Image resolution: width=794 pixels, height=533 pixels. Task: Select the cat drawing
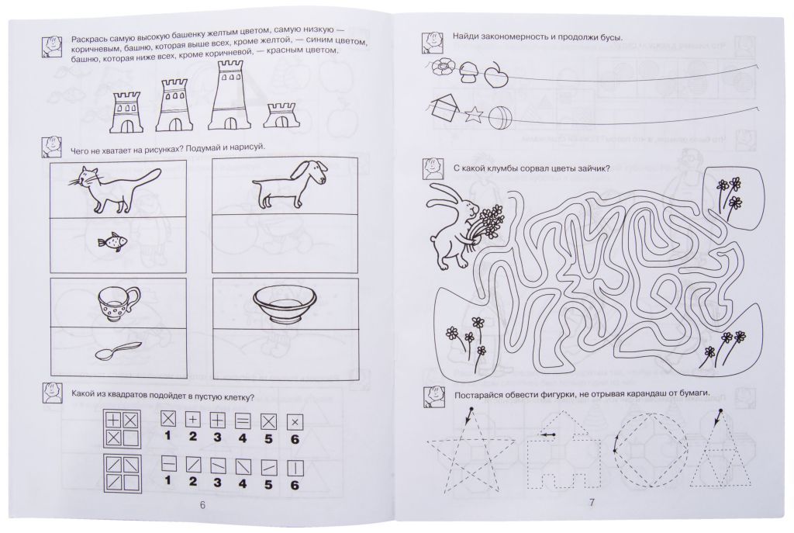(x=115, y=189)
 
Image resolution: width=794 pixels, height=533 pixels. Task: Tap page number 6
(x=202, y=504)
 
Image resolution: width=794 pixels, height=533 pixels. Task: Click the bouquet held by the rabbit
(x=487, y=226)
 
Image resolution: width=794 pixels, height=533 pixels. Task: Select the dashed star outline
(x=464, y=451)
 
